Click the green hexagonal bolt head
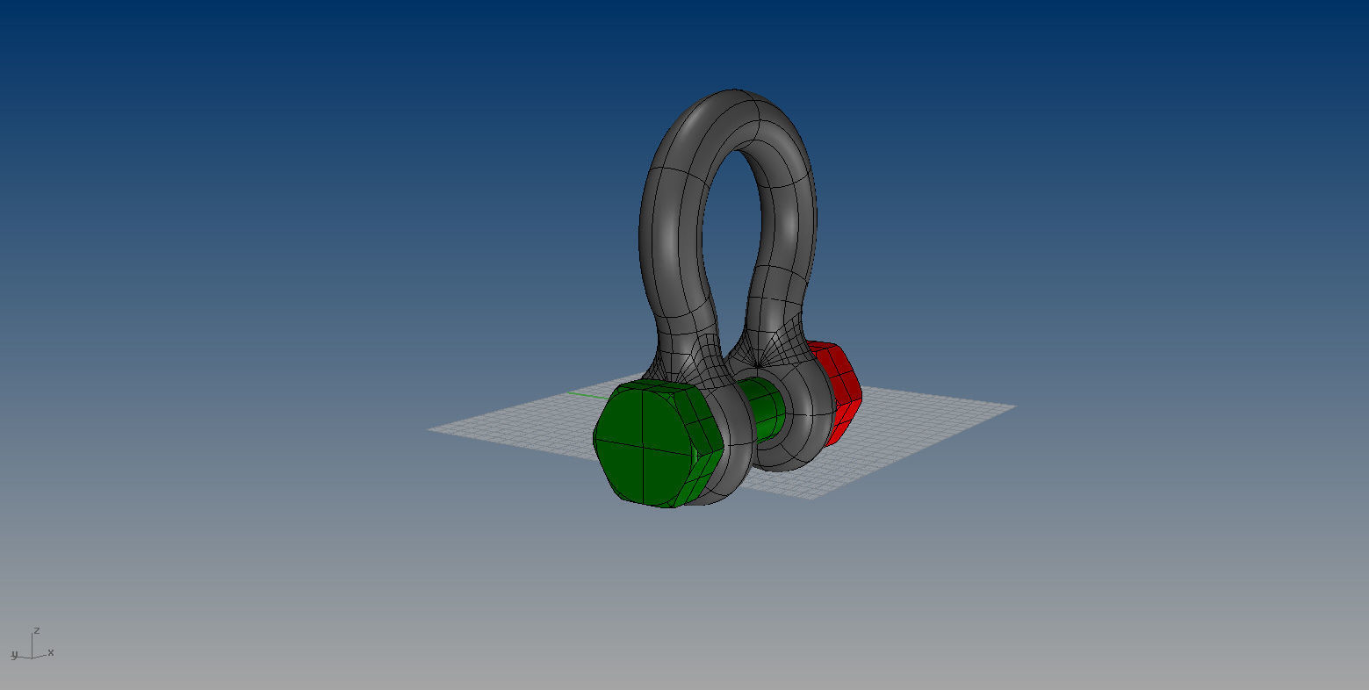(645, 443)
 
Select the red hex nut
(839, 391)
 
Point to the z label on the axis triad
(37, 630)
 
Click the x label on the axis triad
(51, 652)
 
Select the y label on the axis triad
(14, 654)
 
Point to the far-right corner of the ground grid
(1015, 406)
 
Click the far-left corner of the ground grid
(429, 429)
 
